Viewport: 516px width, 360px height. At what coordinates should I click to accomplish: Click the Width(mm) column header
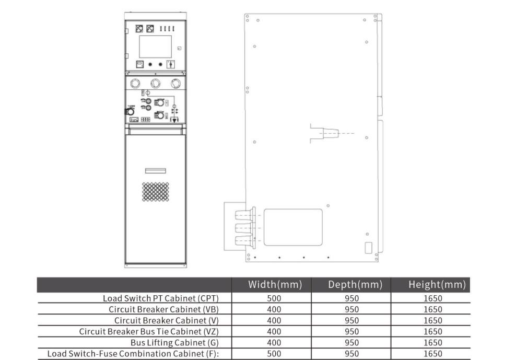tap(275, 285)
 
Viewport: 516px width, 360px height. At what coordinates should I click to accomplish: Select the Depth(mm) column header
tap(355, 285)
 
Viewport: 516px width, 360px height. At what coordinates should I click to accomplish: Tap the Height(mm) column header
tap(437, 285)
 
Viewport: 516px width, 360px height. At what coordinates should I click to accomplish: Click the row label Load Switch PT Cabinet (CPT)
tap(160, 298)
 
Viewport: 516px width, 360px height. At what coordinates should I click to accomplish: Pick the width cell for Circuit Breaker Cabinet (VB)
tap(274, 310)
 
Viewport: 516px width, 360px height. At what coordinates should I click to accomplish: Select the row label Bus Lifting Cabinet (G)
tap(174, 343)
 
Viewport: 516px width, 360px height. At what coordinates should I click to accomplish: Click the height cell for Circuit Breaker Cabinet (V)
tap(433, 320)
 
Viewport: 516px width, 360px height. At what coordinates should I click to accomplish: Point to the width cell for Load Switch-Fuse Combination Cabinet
tap(274, 354)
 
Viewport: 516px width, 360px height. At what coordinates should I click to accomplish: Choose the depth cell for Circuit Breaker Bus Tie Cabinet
tap(351, 332)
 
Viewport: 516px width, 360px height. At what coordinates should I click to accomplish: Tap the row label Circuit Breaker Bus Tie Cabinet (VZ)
tap(149, 332)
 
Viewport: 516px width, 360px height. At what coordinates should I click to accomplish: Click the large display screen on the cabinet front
tap(155, 47)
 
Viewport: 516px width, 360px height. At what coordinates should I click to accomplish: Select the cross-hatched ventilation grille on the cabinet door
tap(156, 192)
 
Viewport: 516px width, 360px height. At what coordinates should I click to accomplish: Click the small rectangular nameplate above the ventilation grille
tap(156, 171)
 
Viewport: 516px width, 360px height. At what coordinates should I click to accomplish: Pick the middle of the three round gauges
tap(155, 83)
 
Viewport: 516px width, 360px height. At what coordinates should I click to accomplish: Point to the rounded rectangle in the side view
tap(293, 227)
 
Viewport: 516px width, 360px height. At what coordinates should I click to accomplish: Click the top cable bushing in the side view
tap(245, 215)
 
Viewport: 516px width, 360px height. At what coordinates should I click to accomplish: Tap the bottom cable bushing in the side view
tap(245, 240)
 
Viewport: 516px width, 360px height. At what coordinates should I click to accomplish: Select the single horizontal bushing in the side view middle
tap(330, 133)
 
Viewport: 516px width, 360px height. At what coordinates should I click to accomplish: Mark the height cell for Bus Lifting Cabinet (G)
tap(433, 343)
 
